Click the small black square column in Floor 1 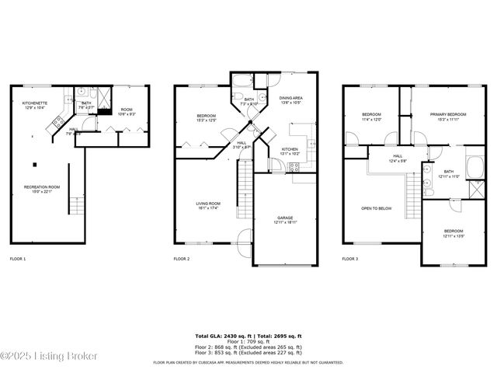[35, 164]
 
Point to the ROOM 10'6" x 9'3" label [127, 112]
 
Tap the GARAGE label [284, 221]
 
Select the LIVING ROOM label [207, 205]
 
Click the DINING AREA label [292, 99]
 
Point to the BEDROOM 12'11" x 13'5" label [454, 232]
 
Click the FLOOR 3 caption [350, 258]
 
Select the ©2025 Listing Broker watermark [48, 356]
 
